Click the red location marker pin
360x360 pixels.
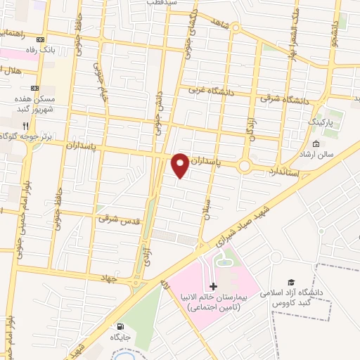click(x=180, y=165)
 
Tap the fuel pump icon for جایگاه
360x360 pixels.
click(x=120, y=326)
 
